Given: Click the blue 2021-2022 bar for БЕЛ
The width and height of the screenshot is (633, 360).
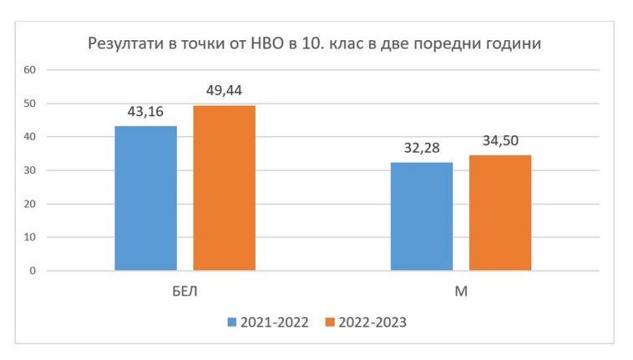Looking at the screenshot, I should [145, 198].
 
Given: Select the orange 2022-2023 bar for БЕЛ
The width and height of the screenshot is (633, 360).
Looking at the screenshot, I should [224, 188].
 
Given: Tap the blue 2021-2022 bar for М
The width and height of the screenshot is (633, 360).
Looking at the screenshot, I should [422, 216].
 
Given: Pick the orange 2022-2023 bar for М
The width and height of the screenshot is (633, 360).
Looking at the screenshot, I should [500, 213].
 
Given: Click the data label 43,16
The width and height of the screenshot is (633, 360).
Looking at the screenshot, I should [145, 112].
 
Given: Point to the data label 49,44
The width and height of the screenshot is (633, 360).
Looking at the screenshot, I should [224, 91].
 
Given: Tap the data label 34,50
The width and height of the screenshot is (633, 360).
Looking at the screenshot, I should [500, 141].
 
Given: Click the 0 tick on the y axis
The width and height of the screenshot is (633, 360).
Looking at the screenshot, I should [33, 271].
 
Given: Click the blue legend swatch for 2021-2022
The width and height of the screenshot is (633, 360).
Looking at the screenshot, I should [231, 322].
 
